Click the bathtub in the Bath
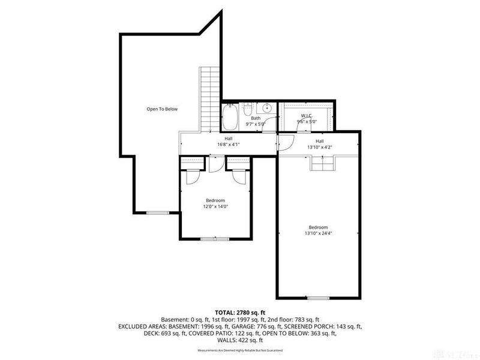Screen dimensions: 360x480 [229, 118]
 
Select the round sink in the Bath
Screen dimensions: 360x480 [267, 109]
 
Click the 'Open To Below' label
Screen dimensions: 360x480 [162, 109]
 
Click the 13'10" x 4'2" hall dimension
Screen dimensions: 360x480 [319, 147]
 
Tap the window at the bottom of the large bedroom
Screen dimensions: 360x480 [317, 298]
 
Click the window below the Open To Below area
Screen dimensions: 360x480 [158, 212]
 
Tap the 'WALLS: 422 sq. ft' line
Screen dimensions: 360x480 [240, 340]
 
